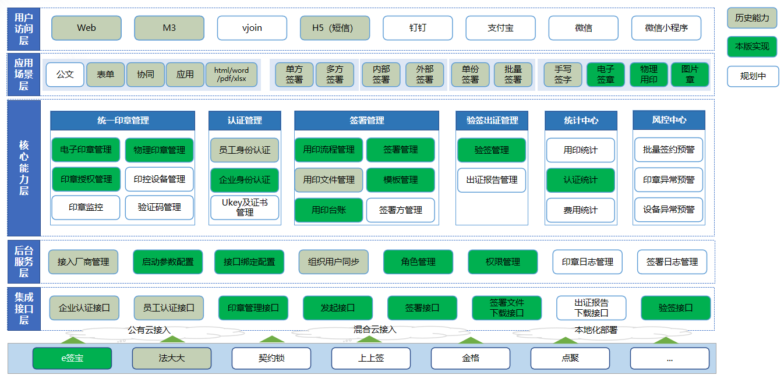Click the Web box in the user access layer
pos(86,28)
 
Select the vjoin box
pos(252,28)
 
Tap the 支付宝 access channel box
pos(500,28)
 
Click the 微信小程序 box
pos(666,28)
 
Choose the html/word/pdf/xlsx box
pos(231,75)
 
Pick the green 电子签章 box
pos(606,75)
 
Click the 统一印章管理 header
pos(122,121)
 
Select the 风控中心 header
pos(669,120)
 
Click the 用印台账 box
pos(329,210)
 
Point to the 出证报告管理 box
pos(492,180)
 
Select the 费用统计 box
pos(580,210)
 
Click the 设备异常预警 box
pos(669,210)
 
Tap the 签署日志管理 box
pos(672,262)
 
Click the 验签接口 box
pos(676,308)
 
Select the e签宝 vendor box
pos(72,358)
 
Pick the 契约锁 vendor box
pos(271,358)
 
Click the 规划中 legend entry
pos(753,76)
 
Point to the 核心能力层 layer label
pos(24,168)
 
